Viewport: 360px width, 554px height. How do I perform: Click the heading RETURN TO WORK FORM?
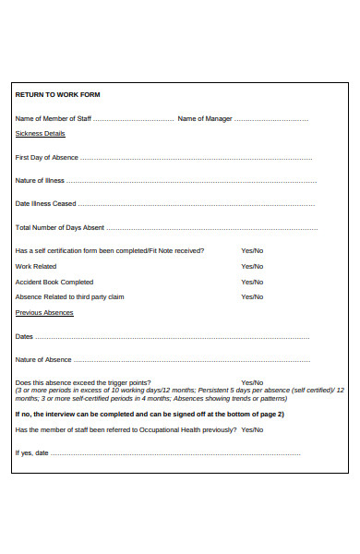click(57, 95)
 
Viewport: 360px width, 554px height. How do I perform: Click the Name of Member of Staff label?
click(54, 119)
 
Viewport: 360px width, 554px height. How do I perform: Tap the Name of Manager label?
click(204, 119)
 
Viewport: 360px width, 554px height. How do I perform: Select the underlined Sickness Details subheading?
click(41, 134)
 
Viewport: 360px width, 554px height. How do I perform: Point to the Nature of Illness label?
click(40, 181)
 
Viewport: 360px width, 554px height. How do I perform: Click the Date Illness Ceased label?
click(45, 204)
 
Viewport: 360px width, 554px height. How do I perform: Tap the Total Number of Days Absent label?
click(59, 227)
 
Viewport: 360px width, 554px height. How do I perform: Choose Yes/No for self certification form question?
click(252, 251)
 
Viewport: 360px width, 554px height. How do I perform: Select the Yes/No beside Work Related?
click(252, 267)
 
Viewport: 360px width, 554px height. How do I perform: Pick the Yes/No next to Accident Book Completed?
click(252, 283)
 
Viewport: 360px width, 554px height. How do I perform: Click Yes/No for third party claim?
click(252, 297)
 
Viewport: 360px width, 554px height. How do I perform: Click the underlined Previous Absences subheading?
click(44, 313)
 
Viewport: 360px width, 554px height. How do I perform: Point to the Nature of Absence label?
click(43, 360)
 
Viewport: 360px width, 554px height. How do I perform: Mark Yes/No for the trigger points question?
click(252, 383)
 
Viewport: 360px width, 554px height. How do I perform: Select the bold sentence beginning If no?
click(150, 415)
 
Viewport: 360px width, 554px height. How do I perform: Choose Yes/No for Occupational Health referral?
click(252, 430)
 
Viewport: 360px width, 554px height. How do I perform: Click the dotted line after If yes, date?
click(175, 453)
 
